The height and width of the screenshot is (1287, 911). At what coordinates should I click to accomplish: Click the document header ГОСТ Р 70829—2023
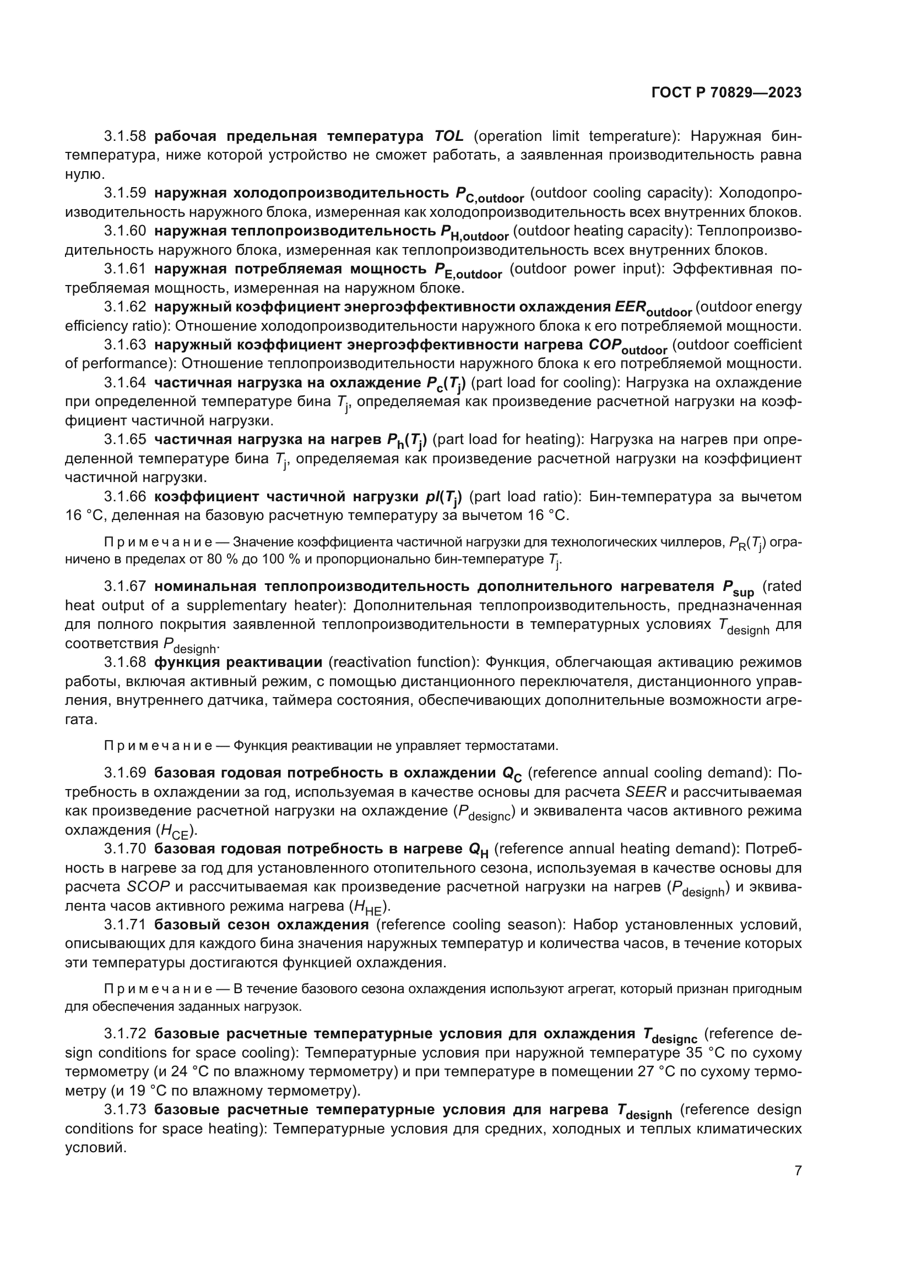pos(726,93)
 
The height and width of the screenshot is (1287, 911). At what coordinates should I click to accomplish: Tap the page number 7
pos(798,1170)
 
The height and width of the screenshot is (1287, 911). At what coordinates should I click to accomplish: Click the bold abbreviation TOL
pos(449,136)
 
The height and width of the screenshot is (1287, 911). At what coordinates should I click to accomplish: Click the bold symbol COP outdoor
pos(627,347)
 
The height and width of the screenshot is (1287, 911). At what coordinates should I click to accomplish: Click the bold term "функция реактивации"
pos(238,662)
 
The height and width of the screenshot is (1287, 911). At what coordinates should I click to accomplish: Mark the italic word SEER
pos(646,792)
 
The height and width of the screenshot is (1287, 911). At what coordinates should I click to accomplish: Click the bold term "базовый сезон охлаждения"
pos(262,924)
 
